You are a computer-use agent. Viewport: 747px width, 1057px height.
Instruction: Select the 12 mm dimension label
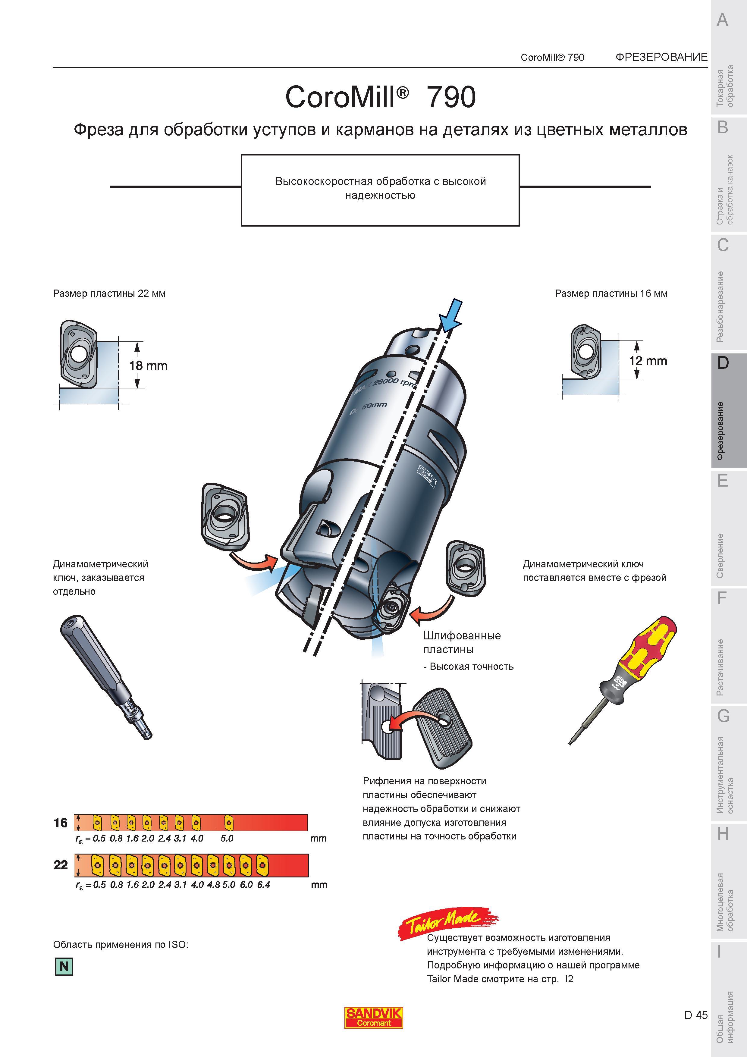pos(648,361)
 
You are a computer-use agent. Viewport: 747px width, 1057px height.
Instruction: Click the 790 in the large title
pos(451,97)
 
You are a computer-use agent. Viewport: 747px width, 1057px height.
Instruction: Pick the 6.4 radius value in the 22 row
pos(264,884)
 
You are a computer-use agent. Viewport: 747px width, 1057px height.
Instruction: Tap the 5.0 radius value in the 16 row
pos(227,838)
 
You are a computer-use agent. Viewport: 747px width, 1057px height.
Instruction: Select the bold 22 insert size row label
pos(61,865)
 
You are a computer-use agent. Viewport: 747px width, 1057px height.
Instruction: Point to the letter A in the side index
pos(723,20)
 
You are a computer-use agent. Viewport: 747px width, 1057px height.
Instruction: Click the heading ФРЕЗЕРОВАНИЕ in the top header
pos(661,57)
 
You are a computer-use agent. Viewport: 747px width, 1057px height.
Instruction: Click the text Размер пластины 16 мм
pos(611,294)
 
